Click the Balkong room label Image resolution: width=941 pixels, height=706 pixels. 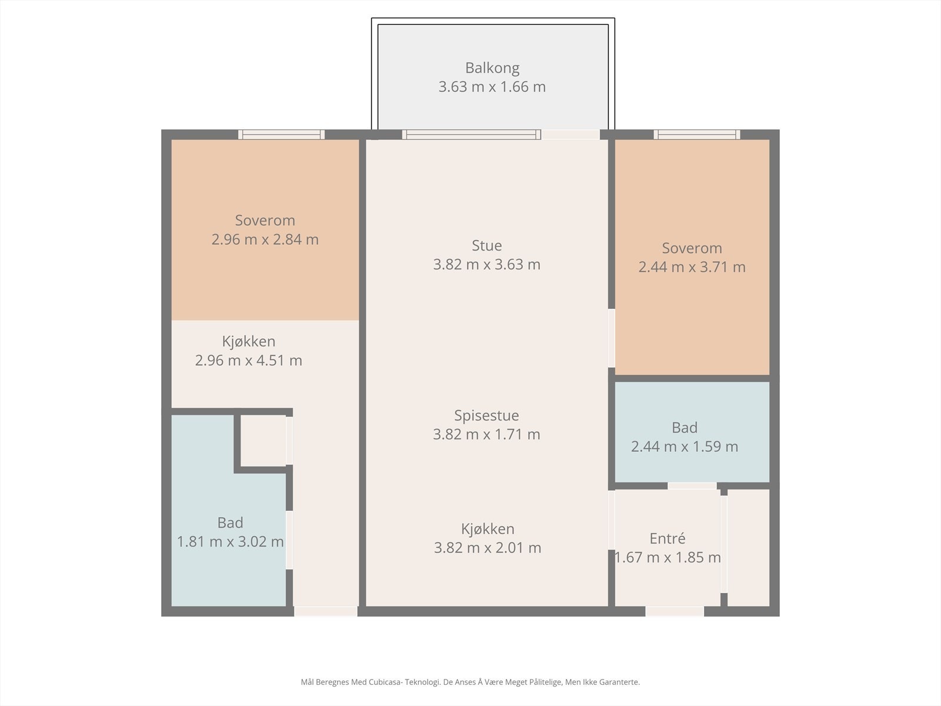point(492,68)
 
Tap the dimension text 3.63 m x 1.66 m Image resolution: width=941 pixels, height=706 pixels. point(492,87)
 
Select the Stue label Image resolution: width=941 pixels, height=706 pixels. point(486,245)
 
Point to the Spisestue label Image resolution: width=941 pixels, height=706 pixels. point(486,415)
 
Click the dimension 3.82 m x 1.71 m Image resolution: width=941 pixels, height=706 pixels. point(486,434)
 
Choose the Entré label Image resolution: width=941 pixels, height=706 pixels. point(668,538)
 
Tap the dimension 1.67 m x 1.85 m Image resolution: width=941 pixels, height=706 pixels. point(668,557)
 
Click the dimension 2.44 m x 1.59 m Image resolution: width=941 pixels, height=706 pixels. point(685,447)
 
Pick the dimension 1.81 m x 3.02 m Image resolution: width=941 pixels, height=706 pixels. point(230,542)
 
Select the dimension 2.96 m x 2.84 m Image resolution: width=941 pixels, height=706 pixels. point(265,239)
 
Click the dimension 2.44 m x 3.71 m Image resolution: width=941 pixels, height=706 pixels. point(692,267)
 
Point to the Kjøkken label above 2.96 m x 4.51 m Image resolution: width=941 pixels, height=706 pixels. point(249,342)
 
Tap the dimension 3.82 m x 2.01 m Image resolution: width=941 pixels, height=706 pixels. point(488,548)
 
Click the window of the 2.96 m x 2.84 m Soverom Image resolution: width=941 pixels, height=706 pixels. point(281,135)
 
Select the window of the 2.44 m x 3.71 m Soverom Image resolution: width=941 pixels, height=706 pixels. point(697,135)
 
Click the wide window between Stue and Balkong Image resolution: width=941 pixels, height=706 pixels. point(472,135)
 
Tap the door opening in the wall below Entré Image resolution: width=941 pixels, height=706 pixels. point(675,612)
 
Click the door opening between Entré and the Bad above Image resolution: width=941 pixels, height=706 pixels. point(692,486)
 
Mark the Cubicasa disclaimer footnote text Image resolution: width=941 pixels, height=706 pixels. point(470,682)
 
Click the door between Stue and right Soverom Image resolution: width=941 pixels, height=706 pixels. point(612,338)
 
